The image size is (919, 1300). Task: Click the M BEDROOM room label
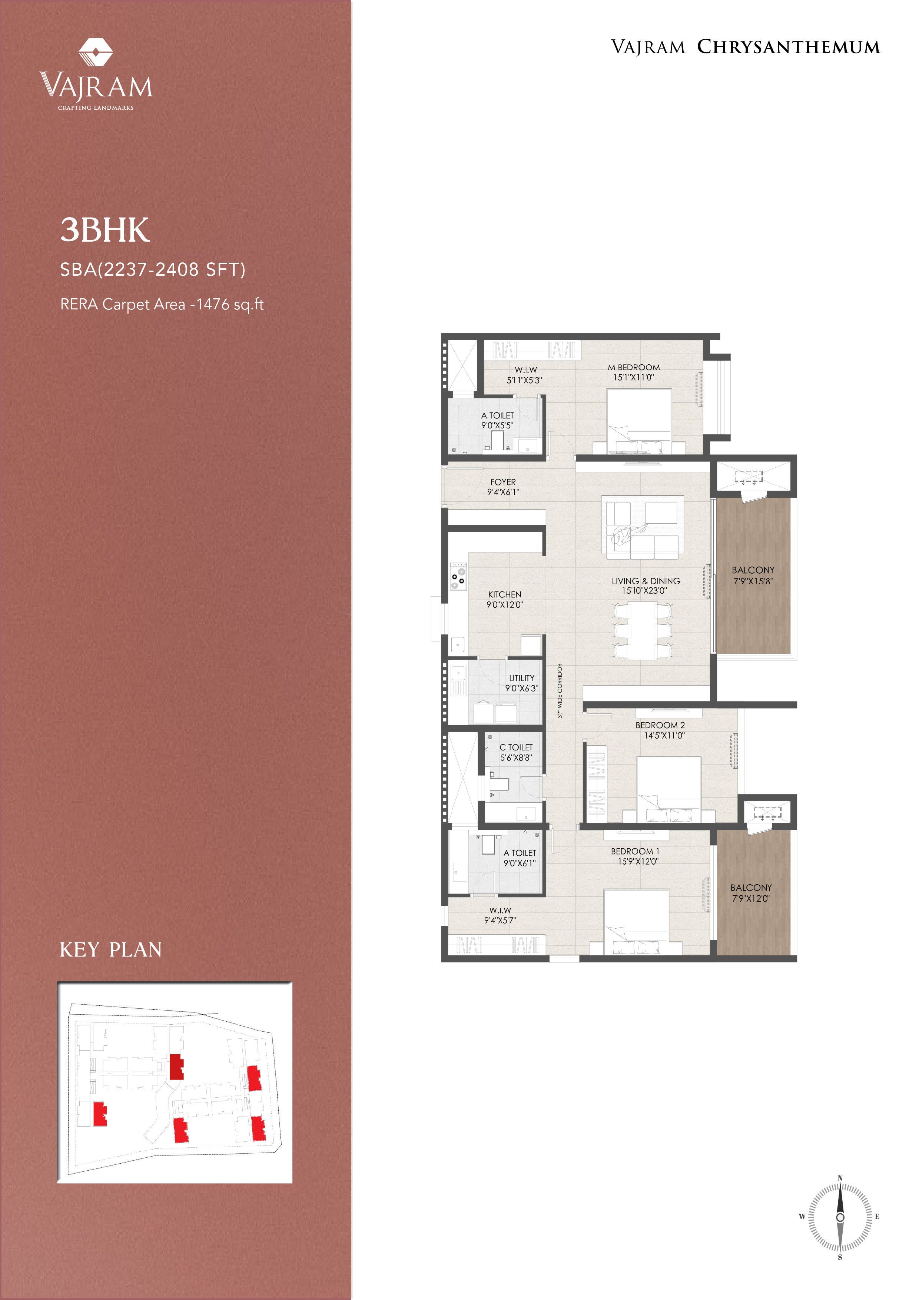pos(634,368)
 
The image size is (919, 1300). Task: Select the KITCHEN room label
pos(504,594)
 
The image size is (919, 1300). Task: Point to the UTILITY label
pos(521,678)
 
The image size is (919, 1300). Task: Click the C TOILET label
pos(516,747)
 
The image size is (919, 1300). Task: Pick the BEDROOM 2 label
pos(660,725)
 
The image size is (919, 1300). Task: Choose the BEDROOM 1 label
pos(635,852)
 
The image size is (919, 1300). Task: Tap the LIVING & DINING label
pos(646,581)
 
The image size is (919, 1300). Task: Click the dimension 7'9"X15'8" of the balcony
pos(753,580)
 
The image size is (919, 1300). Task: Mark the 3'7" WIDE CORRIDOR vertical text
pos(560,691)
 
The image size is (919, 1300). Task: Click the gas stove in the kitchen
pos(458,576)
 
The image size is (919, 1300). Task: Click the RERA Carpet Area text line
pos(162,305)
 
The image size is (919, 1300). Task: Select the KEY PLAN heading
pos(111,949)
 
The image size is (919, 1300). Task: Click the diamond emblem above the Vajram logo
pos(95,52)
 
